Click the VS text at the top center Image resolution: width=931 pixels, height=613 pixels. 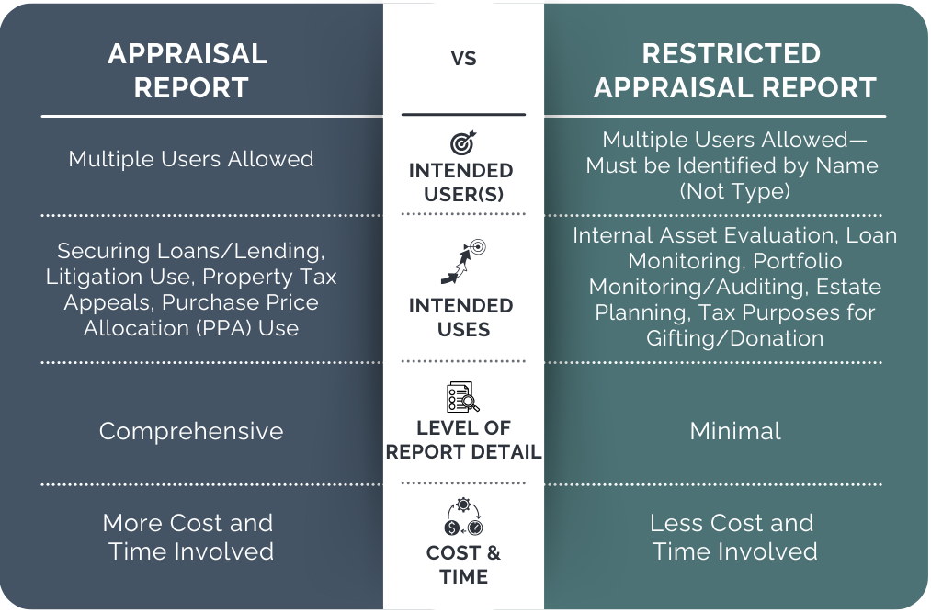(x=463, y=60)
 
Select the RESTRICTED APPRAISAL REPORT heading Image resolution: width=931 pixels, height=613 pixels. (x=734, y=71)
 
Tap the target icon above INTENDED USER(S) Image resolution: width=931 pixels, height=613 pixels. (x=462, y=143)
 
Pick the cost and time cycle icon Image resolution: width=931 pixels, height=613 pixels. (x=463, y=517)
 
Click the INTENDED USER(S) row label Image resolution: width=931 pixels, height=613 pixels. (x=463, y=183)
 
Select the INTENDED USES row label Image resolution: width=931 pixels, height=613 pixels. (x=463, y=317)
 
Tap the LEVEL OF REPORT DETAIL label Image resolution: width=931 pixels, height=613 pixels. (x=463, y=439)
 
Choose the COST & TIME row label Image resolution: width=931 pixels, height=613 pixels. (x=463, y=564)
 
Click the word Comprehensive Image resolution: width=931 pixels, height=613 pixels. (x=191, y=431)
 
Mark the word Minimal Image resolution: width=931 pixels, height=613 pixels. (x=735, y=431)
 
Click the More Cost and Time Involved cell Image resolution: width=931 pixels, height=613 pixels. (x=188, y=537)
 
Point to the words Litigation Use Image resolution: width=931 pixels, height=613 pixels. (x=120, y=277)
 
